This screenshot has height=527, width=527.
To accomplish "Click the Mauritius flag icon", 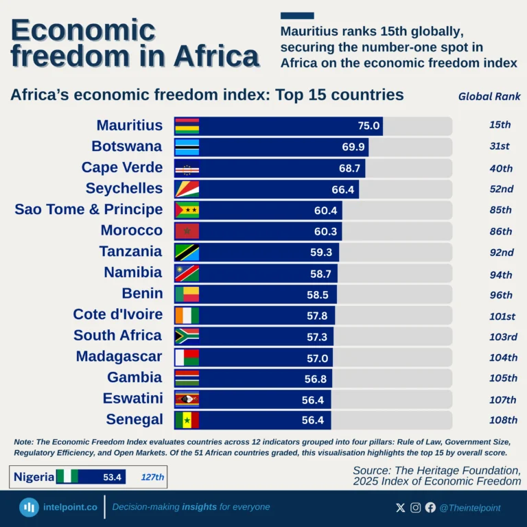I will point(187,126).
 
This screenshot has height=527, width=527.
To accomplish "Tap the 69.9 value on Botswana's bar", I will point(353,147).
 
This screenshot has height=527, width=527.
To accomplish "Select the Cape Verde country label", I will point(122,167).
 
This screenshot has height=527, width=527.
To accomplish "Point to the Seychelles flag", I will point(187,189).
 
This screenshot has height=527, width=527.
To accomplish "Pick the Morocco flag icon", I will point(187,231).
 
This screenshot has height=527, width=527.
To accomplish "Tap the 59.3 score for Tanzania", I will point(321,252).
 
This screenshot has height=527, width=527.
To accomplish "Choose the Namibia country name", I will point(133,272).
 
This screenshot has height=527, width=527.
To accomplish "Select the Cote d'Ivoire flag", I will point(187,315).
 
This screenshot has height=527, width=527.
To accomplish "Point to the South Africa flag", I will point(187,336).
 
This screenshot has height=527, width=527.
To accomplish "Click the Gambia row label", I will point(134,377).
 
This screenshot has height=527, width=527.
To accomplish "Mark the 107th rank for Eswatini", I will point(501,400).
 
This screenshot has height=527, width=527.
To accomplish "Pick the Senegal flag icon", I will point(187,420).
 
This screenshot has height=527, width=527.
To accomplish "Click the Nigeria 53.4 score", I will point(113,477).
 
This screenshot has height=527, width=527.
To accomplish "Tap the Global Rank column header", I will point(489,97).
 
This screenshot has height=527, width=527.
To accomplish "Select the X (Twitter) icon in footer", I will point(401,508).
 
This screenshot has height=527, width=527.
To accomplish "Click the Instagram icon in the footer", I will point(415,508).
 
